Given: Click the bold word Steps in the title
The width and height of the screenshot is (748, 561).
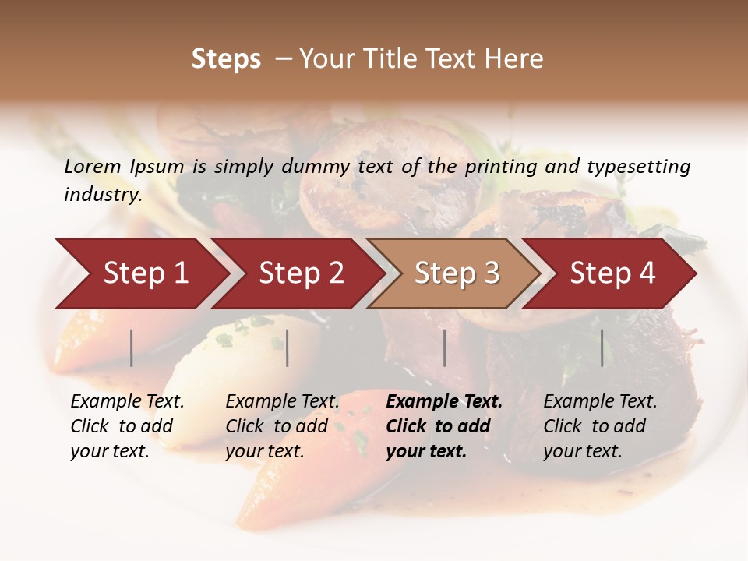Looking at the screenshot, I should [x=226, y=59].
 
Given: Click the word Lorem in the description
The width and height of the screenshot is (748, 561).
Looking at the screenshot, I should [x=93, y=166].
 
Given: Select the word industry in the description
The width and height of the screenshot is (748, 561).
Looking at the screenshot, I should [x=102, y=195].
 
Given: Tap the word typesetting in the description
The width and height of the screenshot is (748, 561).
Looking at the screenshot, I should [x=638, y=166].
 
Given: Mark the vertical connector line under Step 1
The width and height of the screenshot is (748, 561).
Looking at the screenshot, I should [x=132, y=348].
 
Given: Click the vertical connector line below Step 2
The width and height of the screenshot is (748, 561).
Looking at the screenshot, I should [x=288, y=348].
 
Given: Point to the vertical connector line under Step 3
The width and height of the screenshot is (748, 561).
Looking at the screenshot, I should [x=444, y=348].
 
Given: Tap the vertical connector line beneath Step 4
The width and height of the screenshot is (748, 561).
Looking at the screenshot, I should [x=602, y=348].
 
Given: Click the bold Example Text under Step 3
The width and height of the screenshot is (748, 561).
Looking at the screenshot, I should [x=444, y=402].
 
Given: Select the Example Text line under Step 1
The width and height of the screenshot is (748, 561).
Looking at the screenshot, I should [x=127, y=402].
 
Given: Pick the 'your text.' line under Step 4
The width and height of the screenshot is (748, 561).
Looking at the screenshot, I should [x=582, y=451].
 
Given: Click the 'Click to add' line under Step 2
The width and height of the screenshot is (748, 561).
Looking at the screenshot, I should [x=277, y=426].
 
